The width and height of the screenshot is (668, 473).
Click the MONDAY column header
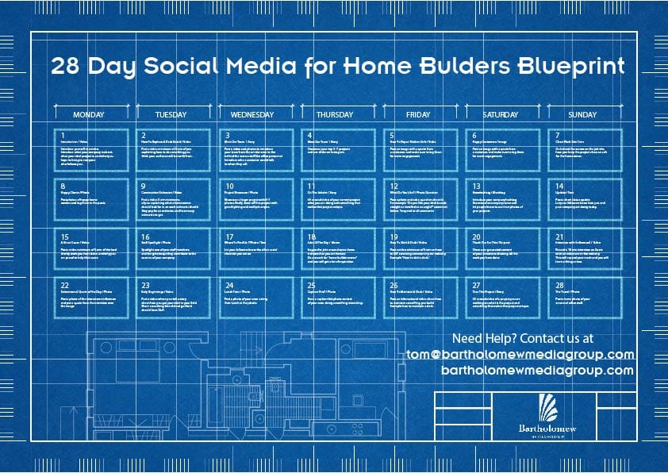(x=89, y=114)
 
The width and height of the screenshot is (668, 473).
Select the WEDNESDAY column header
(x=253, y=114)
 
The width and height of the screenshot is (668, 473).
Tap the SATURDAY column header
(x=500, y=114)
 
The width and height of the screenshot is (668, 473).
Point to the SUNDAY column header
(x=582, y=114)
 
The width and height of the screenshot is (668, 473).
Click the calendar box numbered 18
(x=336, y=247)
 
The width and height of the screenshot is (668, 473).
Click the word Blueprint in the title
(x=570, y=66)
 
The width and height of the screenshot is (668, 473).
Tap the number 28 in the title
(x=66, y=66)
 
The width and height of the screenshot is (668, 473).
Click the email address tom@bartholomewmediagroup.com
(x=520, y=354)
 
